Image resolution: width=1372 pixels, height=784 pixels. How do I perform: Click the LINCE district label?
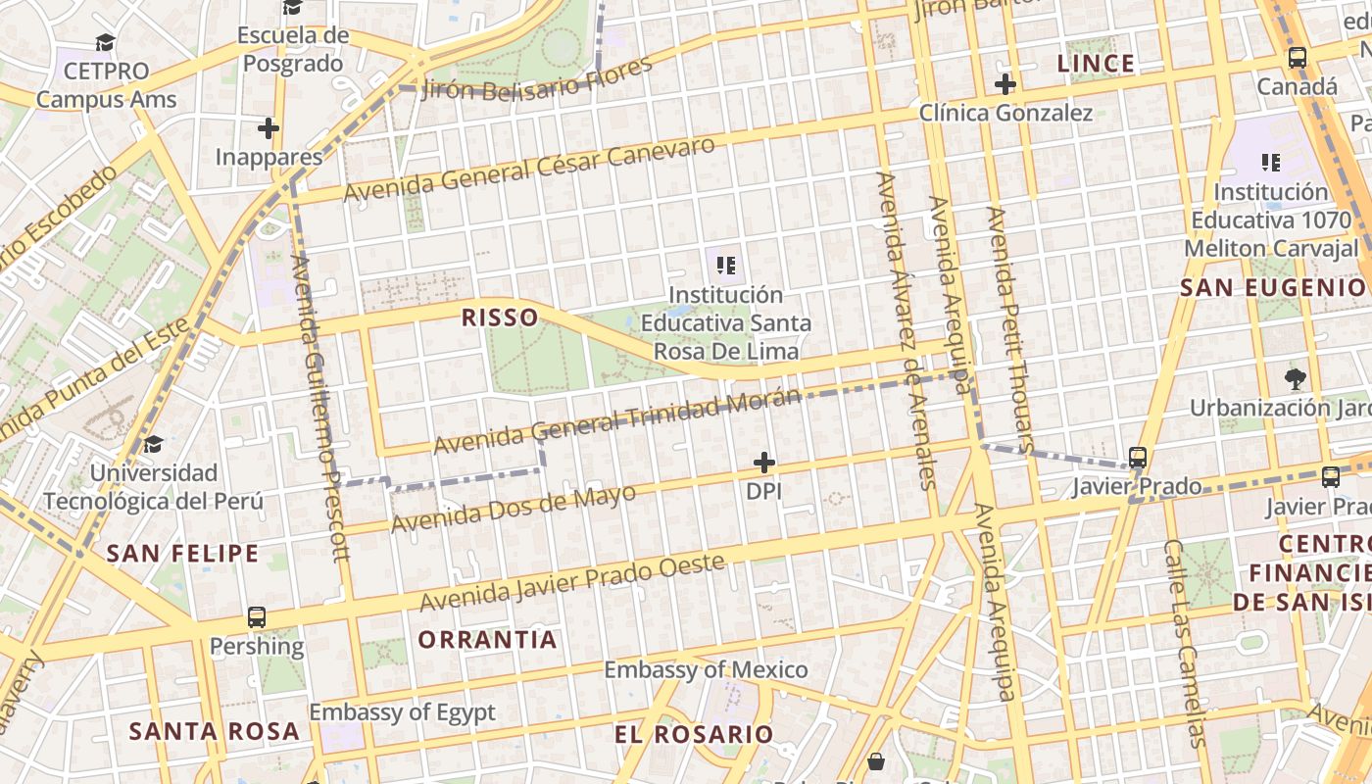tap(1096, 65)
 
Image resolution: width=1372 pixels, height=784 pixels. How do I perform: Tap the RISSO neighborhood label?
tap(500, 318)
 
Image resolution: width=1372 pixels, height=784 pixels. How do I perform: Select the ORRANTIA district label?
tap(487, 640)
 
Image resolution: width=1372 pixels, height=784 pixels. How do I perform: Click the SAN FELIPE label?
tap(182, 554)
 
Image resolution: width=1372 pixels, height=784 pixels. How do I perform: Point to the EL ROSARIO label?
tap(694, 734)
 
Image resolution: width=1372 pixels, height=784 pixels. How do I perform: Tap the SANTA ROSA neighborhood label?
tap(214, 731)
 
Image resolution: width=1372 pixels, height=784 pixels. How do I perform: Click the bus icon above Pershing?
tap(257, 617)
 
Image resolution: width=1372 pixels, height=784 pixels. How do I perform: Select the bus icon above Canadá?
tap(1298, 58)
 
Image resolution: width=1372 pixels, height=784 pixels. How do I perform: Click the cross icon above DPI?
tap(764, 463)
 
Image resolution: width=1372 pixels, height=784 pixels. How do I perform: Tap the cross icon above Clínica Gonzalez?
tap(1004, 84)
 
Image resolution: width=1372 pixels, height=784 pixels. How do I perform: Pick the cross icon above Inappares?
tap(269, 128)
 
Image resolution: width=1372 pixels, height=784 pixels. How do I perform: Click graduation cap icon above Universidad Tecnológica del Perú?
tap(153, 445)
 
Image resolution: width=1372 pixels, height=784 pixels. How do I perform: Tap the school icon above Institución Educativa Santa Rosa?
tap(726, 265)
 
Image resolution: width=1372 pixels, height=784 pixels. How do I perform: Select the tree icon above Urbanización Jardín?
tap(1296, 378)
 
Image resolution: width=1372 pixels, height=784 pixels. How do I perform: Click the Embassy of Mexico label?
tap(706, 670)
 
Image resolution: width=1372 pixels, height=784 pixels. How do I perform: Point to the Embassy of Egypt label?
tap(402, 712)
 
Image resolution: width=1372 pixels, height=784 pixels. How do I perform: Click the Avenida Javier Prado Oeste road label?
tap(572, 582)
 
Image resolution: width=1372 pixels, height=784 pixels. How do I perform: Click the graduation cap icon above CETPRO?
tap(105, 42)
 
